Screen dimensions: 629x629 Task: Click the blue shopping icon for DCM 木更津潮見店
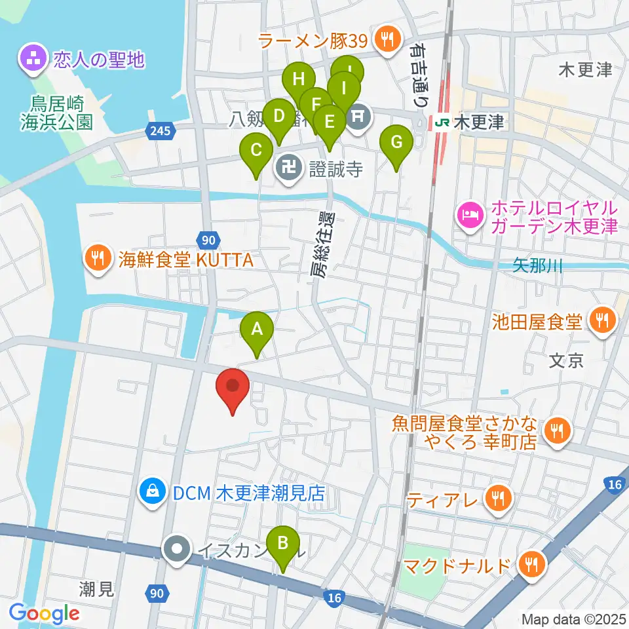click(153, 493)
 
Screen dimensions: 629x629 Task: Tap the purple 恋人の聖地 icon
click(32, 60)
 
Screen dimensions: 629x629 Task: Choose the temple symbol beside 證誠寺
click(288, 170)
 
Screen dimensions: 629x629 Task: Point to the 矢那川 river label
click(538, 266)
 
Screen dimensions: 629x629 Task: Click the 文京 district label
click(566, 361)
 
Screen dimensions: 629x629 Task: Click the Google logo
click(44, 613)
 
